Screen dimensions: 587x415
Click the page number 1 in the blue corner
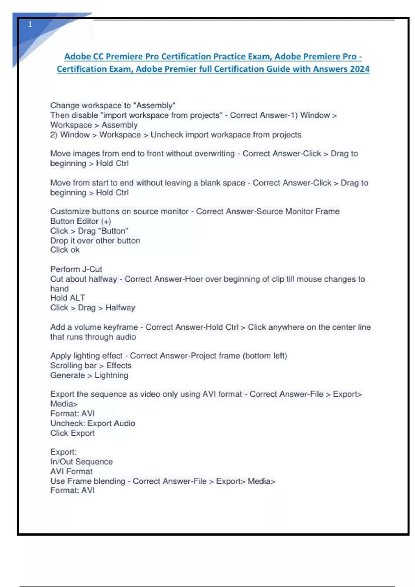tap(30, 24)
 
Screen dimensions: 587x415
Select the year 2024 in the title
tap(359, 69)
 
